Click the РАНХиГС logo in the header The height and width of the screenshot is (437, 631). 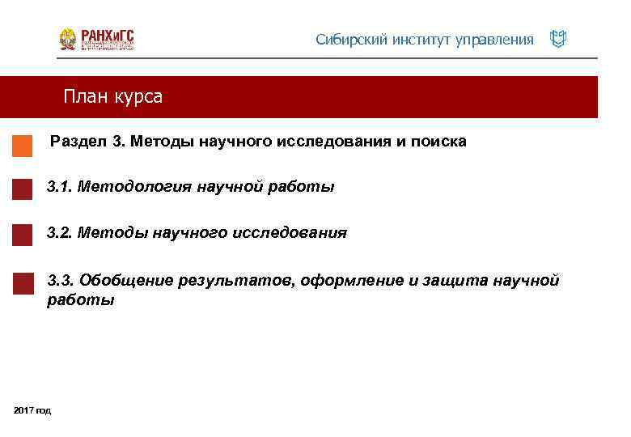(96, 39)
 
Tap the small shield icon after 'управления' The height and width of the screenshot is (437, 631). (557, 39)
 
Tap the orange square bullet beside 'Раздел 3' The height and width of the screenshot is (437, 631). (23, 146)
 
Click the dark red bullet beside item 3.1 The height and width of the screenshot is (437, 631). (23, 189)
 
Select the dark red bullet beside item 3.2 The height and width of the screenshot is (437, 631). (23, 235)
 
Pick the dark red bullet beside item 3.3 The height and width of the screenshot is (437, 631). (23, 283)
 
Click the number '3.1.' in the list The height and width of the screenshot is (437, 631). (60, 187)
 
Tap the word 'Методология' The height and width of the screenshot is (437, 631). (134, 188)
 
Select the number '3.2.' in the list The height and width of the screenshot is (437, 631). (60, 233)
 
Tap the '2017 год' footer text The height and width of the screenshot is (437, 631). (32, 411)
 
